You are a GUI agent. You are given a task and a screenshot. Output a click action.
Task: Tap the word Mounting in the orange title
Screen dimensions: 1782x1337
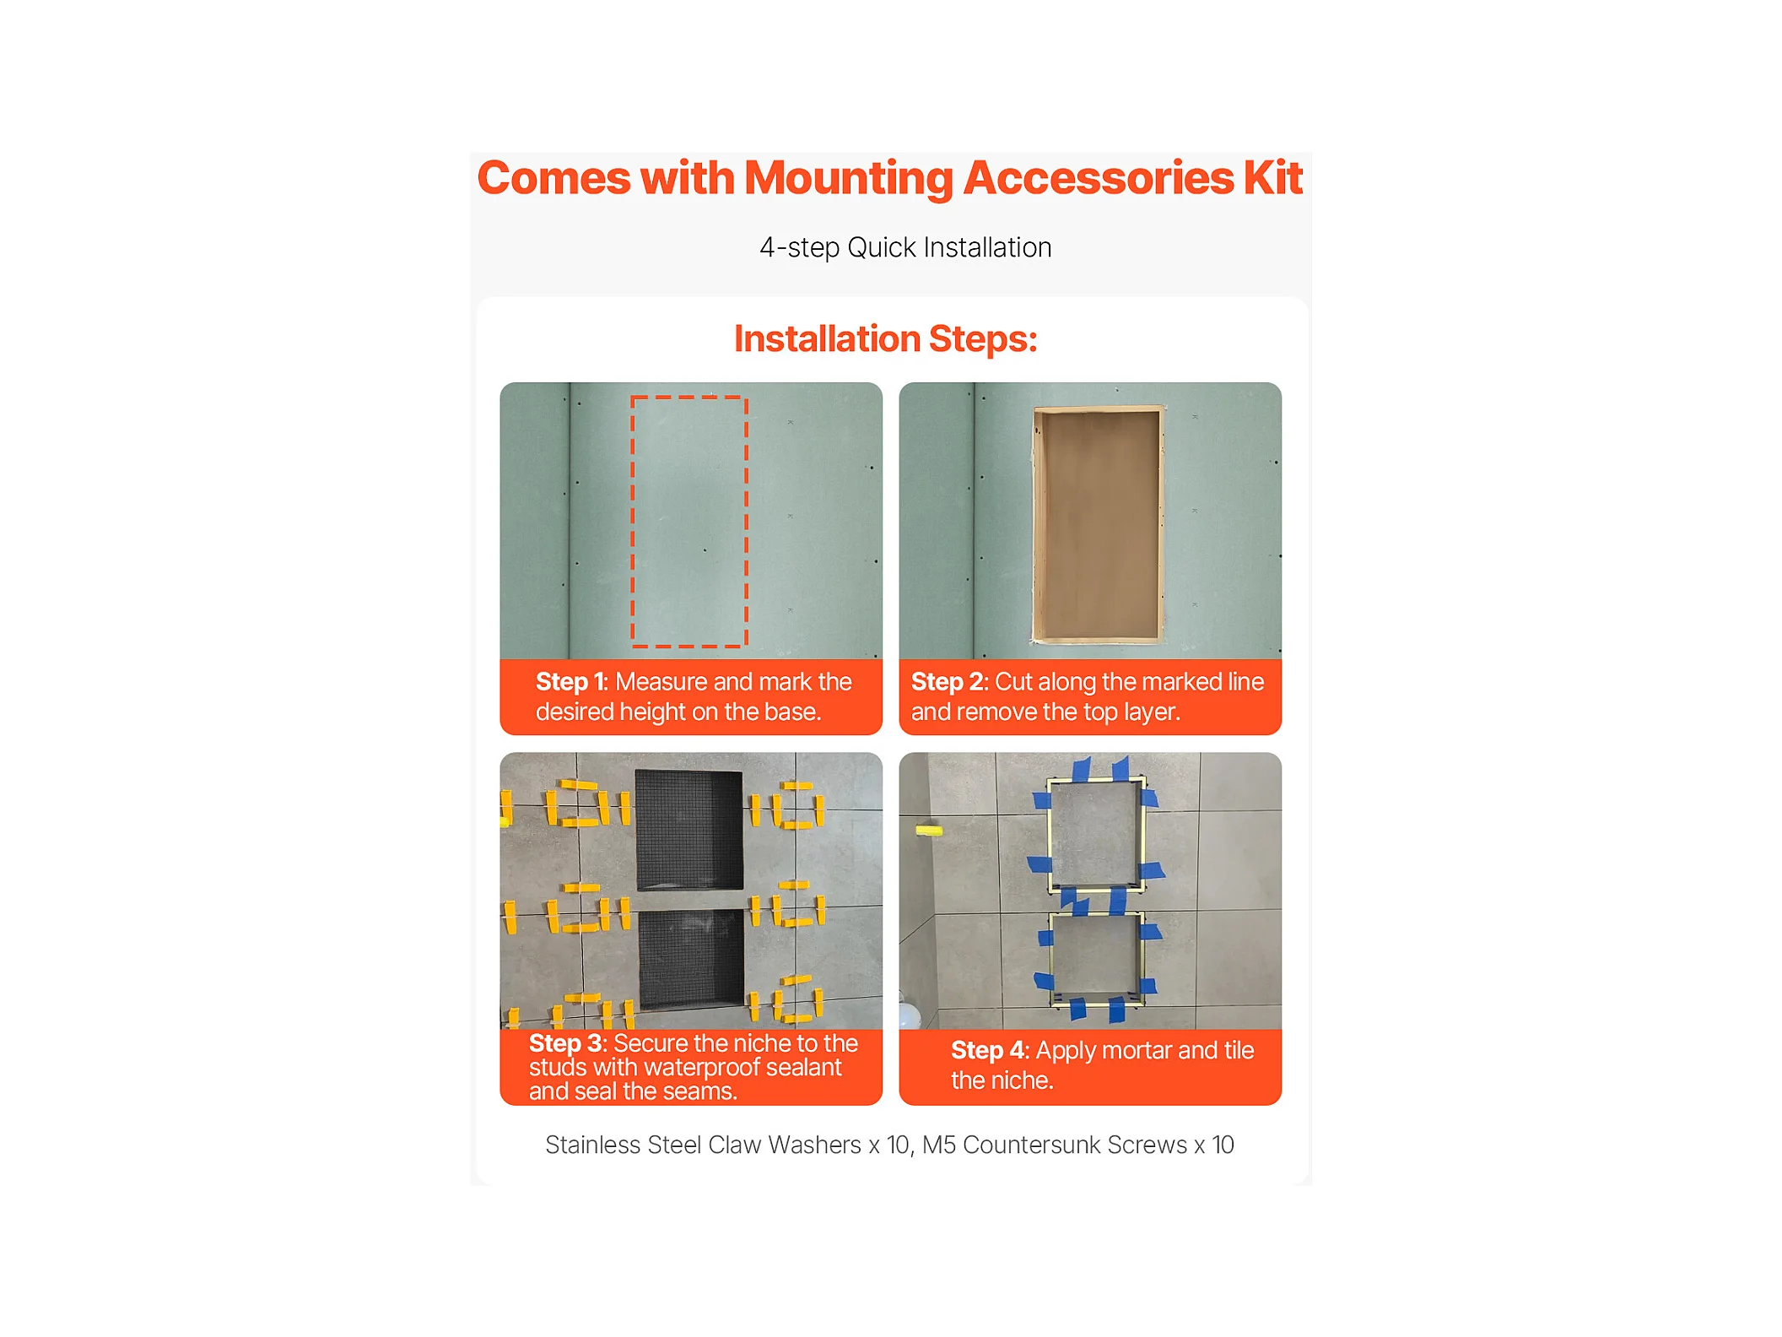(848, 180)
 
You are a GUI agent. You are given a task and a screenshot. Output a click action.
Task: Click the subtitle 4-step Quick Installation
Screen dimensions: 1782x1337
(905, 247)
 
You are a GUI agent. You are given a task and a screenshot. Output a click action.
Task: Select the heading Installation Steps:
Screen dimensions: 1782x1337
(885, 338)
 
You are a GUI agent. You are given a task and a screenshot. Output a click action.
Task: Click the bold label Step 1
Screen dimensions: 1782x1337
(571, 681)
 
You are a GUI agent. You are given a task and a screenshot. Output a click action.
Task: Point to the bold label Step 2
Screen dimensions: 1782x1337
(947, 681)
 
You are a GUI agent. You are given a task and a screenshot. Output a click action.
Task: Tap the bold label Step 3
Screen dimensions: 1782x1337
(565, 1043)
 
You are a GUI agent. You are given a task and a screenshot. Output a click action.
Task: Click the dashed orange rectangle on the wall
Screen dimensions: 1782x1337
(632, 522)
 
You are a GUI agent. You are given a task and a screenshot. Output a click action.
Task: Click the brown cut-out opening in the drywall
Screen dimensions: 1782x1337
(1098, 523)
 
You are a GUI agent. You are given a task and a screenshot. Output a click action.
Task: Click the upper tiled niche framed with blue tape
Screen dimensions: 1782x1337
(1095, 835)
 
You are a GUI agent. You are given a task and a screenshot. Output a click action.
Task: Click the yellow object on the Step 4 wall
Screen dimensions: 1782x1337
(928, 831)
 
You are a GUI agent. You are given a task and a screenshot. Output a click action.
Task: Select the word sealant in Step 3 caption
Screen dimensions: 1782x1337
(803, 1068)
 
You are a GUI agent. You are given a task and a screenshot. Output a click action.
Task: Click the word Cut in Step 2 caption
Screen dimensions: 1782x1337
(1013, 681)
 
